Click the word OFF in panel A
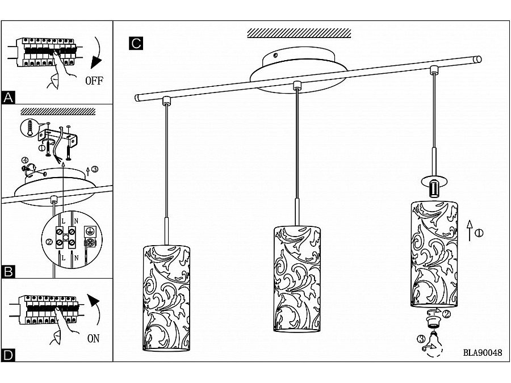coord(94,81)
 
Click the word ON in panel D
coord(93,339)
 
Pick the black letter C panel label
coord(135,43)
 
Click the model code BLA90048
coord(483,352)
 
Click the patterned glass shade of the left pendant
coord(166,298)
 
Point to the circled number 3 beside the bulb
coord(421,340)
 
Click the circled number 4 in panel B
coord(26,161)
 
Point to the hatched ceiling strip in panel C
coord(299,33)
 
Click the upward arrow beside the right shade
coord(469,232)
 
